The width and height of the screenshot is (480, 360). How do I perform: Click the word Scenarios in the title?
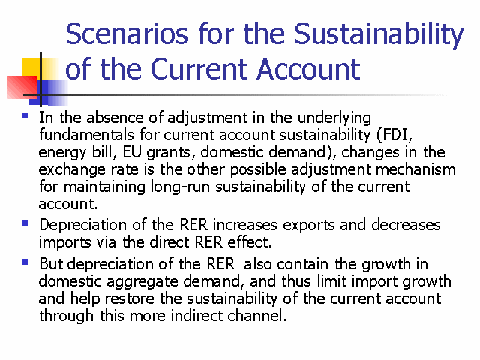tap(127, 34)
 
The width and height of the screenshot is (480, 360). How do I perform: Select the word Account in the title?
tap(308, 69)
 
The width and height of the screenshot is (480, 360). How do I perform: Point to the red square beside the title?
tap(22, 87)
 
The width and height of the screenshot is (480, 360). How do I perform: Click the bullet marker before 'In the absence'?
tap(25, 115)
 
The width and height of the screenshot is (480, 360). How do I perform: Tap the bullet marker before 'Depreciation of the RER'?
tap(25, 223)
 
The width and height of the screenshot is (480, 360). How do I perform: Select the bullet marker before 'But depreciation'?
tap(25, 262)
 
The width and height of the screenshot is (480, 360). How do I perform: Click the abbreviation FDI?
tap(394, 135)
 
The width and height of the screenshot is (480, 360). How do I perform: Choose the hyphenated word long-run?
tap(180, 187)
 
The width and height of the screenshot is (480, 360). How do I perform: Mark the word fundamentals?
tap(87, 135)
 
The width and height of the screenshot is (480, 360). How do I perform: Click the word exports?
tap(308, 226)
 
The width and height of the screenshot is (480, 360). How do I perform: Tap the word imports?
tap(65, 243)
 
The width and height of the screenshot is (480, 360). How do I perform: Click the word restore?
tap(130, 298)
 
